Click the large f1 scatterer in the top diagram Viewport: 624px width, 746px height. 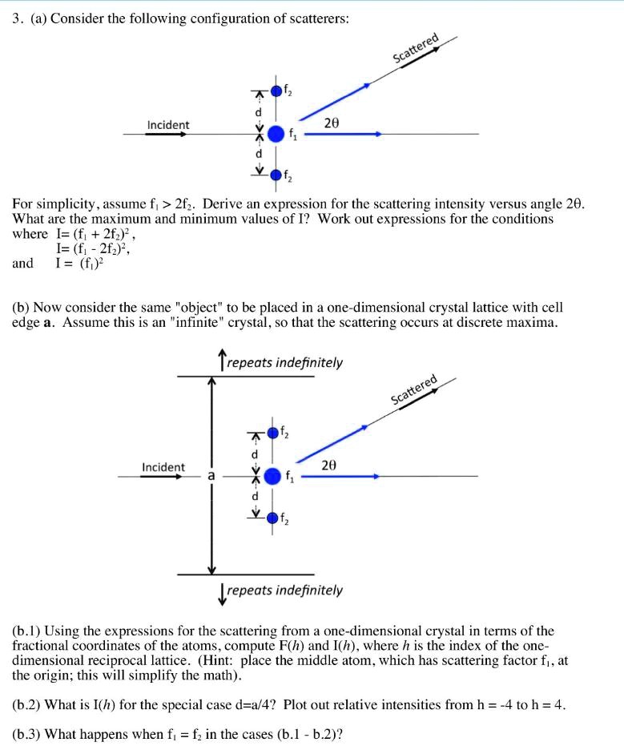tap(275, 133)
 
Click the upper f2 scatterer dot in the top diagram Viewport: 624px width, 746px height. tap(276, 91)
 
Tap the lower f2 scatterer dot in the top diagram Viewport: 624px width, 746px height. tap(276, 174)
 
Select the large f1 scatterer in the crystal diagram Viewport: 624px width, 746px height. tap(272, 476)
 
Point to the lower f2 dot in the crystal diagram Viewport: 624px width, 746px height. tap(273, 518)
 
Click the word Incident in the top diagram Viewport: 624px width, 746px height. tap(168, 125)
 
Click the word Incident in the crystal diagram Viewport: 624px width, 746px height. tap(163, 467)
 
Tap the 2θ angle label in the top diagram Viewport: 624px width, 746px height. tap(332, 123)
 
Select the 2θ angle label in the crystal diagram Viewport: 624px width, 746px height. tap(329, 465)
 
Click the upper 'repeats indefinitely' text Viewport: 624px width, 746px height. tap(284, 362)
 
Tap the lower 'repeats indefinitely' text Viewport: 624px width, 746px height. tap(284, 591)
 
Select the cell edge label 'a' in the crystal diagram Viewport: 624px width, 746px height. tap(211, 476)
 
